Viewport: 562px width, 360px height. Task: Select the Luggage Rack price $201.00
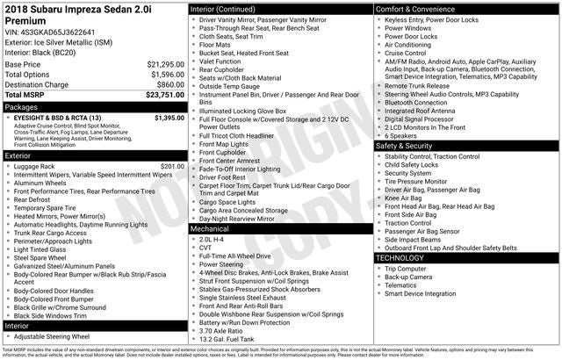tap(173, 166)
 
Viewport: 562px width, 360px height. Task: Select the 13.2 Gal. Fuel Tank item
tap(227, 339)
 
